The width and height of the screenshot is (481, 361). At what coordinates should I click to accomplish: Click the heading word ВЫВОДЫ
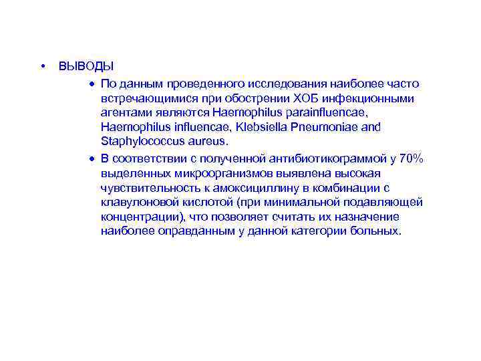point(86,67)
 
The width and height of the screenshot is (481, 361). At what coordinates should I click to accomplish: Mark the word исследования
point(283,84)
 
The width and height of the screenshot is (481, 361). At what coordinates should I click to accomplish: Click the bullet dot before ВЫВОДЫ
point(42,66)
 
